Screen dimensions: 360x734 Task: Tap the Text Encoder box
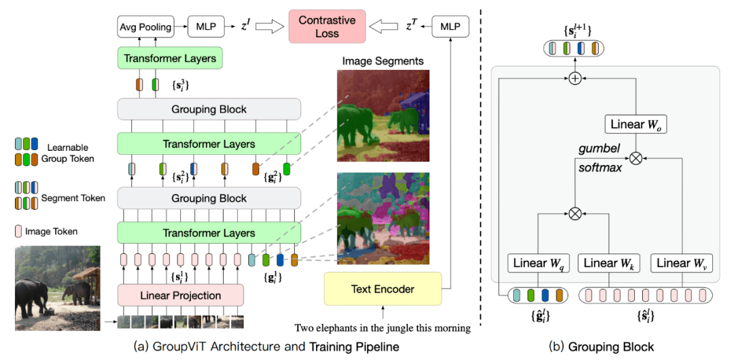click(383, 289)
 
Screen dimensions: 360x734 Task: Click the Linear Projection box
click(180, 295)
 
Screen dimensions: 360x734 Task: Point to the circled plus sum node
click(575, 79)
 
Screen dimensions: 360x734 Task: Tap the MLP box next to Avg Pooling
click(206, 27)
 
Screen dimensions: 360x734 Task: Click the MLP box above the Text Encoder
click(450, 27)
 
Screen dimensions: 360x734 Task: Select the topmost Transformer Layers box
click(170, 58)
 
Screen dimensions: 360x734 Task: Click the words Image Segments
click(383, 61)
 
